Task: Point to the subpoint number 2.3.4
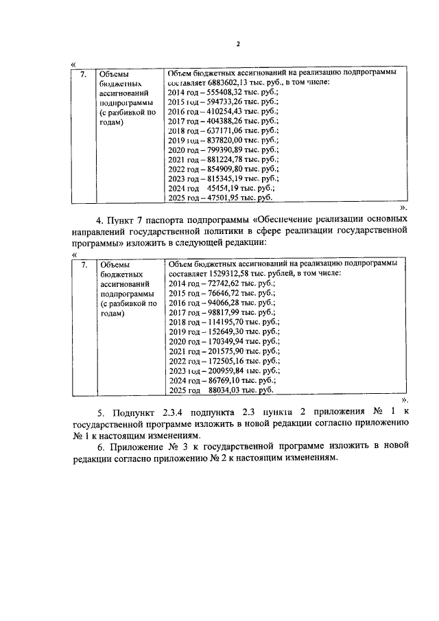coord(172,412)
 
